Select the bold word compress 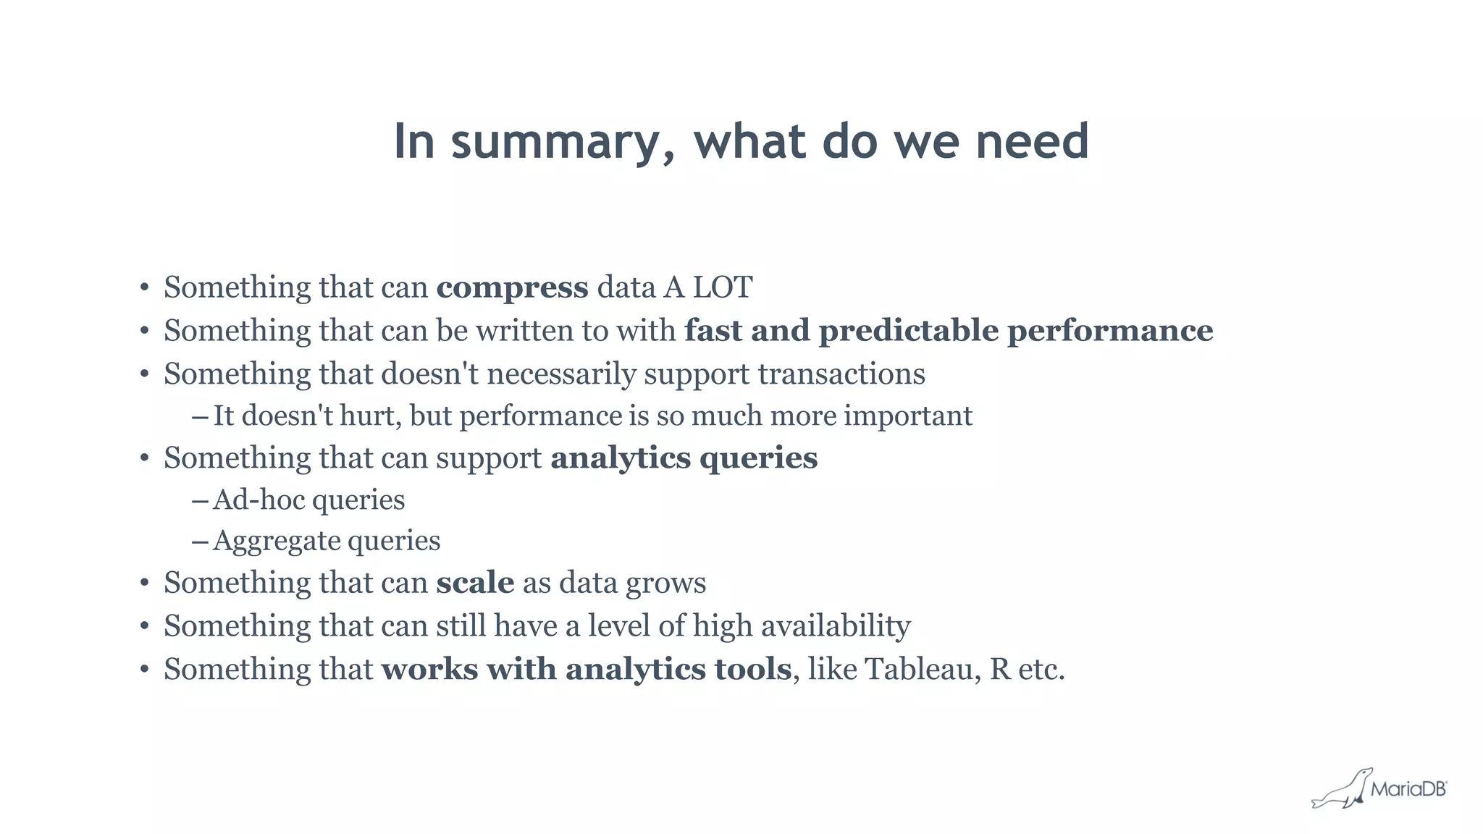pyautogui.click(x=512, y=287)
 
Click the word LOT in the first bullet pyautogui.click(x=723, y=287)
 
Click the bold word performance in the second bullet pyautogui.click(x=1110, y=331)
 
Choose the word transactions pyautogui.click(x=841, y=374)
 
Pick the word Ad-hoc pyautogui.click(x=259, y=500)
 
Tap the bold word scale pyautogui.click(x=475, y=583)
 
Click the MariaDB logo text pyautogui.click(x=1408, y=789)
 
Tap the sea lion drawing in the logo pyautogui.click(x=1341, y=791)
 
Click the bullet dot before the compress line pyautogui.click(x=145, y=288)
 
